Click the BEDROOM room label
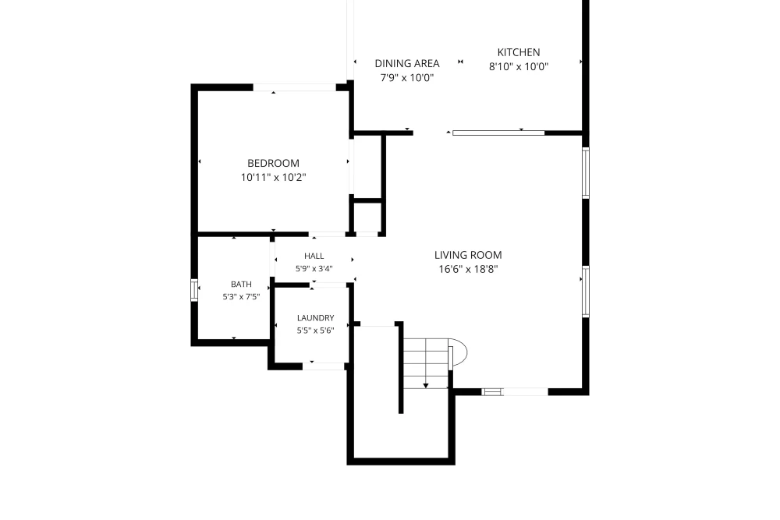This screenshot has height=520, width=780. (x=273, y=163)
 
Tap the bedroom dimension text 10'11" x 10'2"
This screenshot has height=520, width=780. (x=273, y=178)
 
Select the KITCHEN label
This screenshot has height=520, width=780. (x=519, y=52)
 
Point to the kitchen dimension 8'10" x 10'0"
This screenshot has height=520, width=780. (x=519, y=66)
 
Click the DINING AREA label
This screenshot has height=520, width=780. (x=407, y=64)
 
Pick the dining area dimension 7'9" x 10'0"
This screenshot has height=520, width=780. (x=407, y=77)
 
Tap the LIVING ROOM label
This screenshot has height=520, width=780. (x=468, y=255)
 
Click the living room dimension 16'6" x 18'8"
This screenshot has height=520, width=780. (x=468, y=270)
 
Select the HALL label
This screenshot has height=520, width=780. (x=314, y=256)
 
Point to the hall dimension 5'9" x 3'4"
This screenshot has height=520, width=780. (x=314, y=269)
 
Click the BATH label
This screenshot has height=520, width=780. (x=241, y=285)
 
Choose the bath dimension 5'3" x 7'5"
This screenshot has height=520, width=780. (x=241, y=297)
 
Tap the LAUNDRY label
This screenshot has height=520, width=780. (x=315, y=318)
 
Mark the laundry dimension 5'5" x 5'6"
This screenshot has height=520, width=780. (x=315, y=331)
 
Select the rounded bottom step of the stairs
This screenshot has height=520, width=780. (x=459, y=353)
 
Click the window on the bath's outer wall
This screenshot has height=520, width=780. (x=194, y=290)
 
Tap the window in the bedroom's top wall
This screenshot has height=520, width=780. (x=295, y=87)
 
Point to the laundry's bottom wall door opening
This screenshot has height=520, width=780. (x=324, y=366)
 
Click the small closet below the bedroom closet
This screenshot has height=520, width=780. (x=367, y=217)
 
